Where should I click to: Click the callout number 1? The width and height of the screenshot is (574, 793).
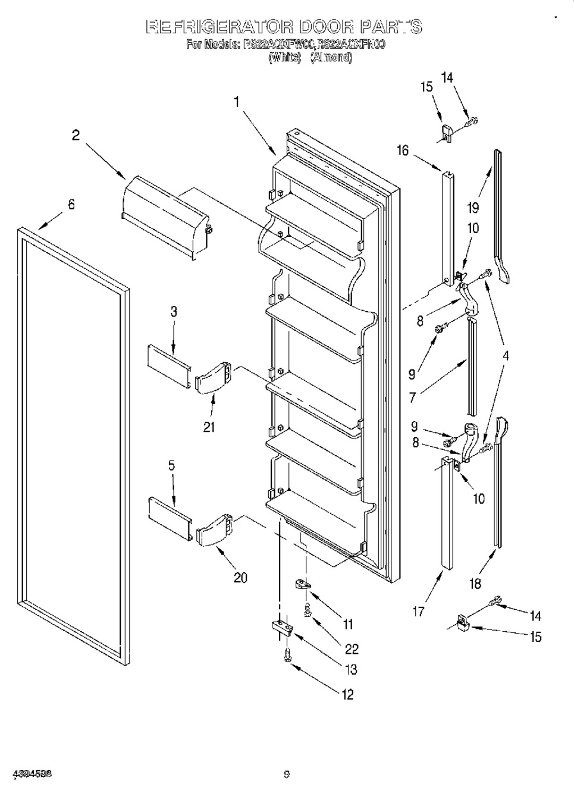236,102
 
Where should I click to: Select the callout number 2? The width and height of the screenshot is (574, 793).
76,135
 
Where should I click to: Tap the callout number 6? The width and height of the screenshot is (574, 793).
71,204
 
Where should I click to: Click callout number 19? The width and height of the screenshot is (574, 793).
473,208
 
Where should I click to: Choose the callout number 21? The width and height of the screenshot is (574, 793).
209,427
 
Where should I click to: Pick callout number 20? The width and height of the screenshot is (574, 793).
240,577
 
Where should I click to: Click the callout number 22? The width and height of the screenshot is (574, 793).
352,648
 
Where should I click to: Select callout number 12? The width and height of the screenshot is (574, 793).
347,694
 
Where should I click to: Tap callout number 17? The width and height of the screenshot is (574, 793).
419,611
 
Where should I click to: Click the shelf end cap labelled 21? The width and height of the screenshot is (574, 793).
212,378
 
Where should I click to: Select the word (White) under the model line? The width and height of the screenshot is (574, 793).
284,58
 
